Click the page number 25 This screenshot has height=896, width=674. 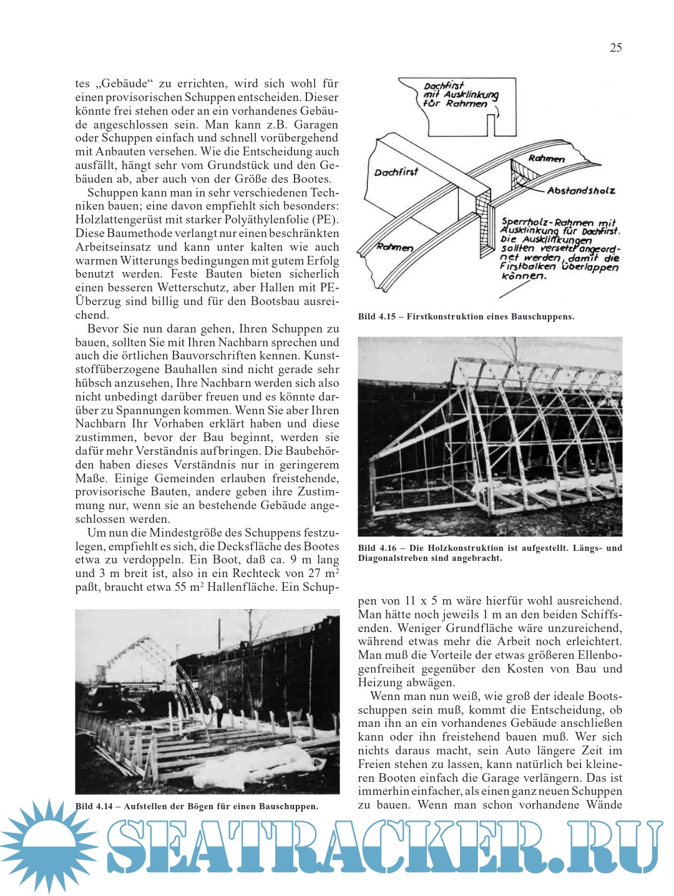(615, 48)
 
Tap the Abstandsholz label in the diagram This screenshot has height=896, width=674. (580, 190)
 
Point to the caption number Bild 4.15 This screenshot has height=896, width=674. (377, 317)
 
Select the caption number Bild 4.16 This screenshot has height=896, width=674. (377, 548)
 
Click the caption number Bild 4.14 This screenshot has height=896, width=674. (94, 806)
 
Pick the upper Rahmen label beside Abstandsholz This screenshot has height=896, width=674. (546, 158)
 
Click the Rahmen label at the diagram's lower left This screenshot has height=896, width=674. (394, 247)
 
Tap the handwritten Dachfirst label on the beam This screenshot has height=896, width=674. (396, 172)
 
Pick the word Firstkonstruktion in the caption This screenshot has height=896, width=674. (446, 317)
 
